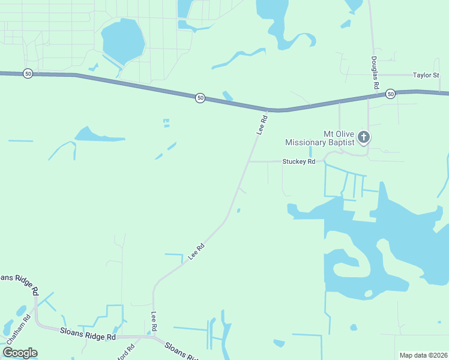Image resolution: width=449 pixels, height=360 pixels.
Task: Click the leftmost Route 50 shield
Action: coord(28,73)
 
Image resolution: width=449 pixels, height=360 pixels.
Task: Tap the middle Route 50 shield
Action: coord(200,97)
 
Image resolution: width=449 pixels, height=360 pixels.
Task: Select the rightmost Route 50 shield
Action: coord(390,94)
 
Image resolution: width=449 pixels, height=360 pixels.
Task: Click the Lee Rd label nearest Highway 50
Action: coord(261,124)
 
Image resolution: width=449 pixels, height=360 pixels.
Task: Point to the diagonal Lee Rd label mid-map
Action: coord(196,251)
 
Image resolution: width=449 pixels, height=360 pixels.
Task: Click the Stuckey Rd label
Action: coord(299,161)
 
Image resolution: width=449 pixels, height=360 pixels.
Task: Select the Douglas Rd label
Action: coord(375,73)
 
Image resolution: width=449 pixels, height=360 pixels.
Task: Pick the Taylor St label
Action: coord(426,76)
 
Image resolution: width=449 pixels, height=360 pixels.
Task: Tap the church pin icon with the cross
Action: coord(363,137)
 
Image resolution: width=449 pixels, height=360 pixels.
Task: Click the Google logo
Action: coord(20,352)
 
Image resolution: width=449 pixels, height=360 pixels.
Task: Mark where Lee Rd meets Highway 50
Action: coord(267,110)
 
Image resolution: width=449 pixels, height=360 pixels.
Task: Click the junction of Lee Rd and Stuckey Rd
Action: coord(249,161)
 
